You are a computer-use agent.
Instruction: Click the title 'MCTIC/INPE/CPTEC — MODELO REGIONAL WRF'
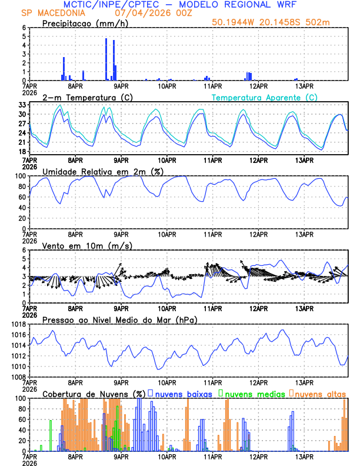click(x=179, y=4)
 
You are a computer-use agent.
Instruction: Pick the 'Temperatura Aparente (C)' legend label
click(x=264, y=97)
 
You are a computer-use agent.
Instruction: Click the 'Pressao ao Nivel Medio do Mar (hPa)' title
click(x=119, y=319)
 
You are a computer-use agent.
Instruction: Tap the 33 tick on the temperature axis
click(x=21, y=105)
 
